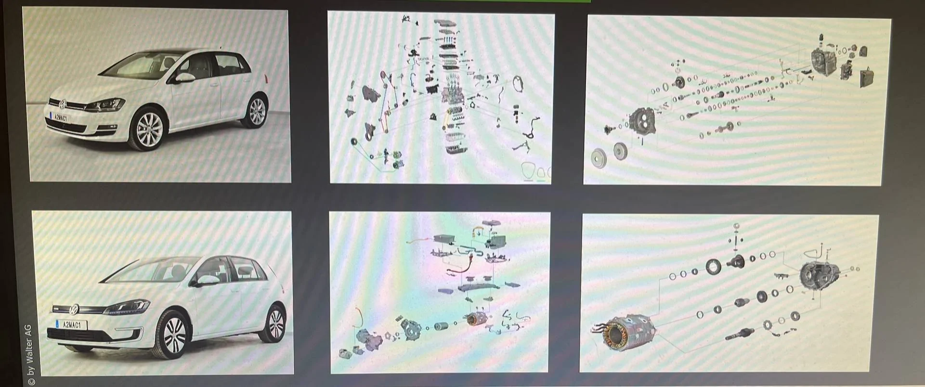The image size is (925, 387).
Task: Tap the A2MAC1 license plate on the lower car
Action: pyautogui.click(x=71, y=325)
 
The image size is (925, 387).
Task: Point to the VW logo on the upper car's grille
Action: pyautogui.click(x=62, y=104)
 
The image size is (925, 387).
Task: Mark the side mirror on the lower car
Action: pyautogui.click(x=207, y=280)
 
